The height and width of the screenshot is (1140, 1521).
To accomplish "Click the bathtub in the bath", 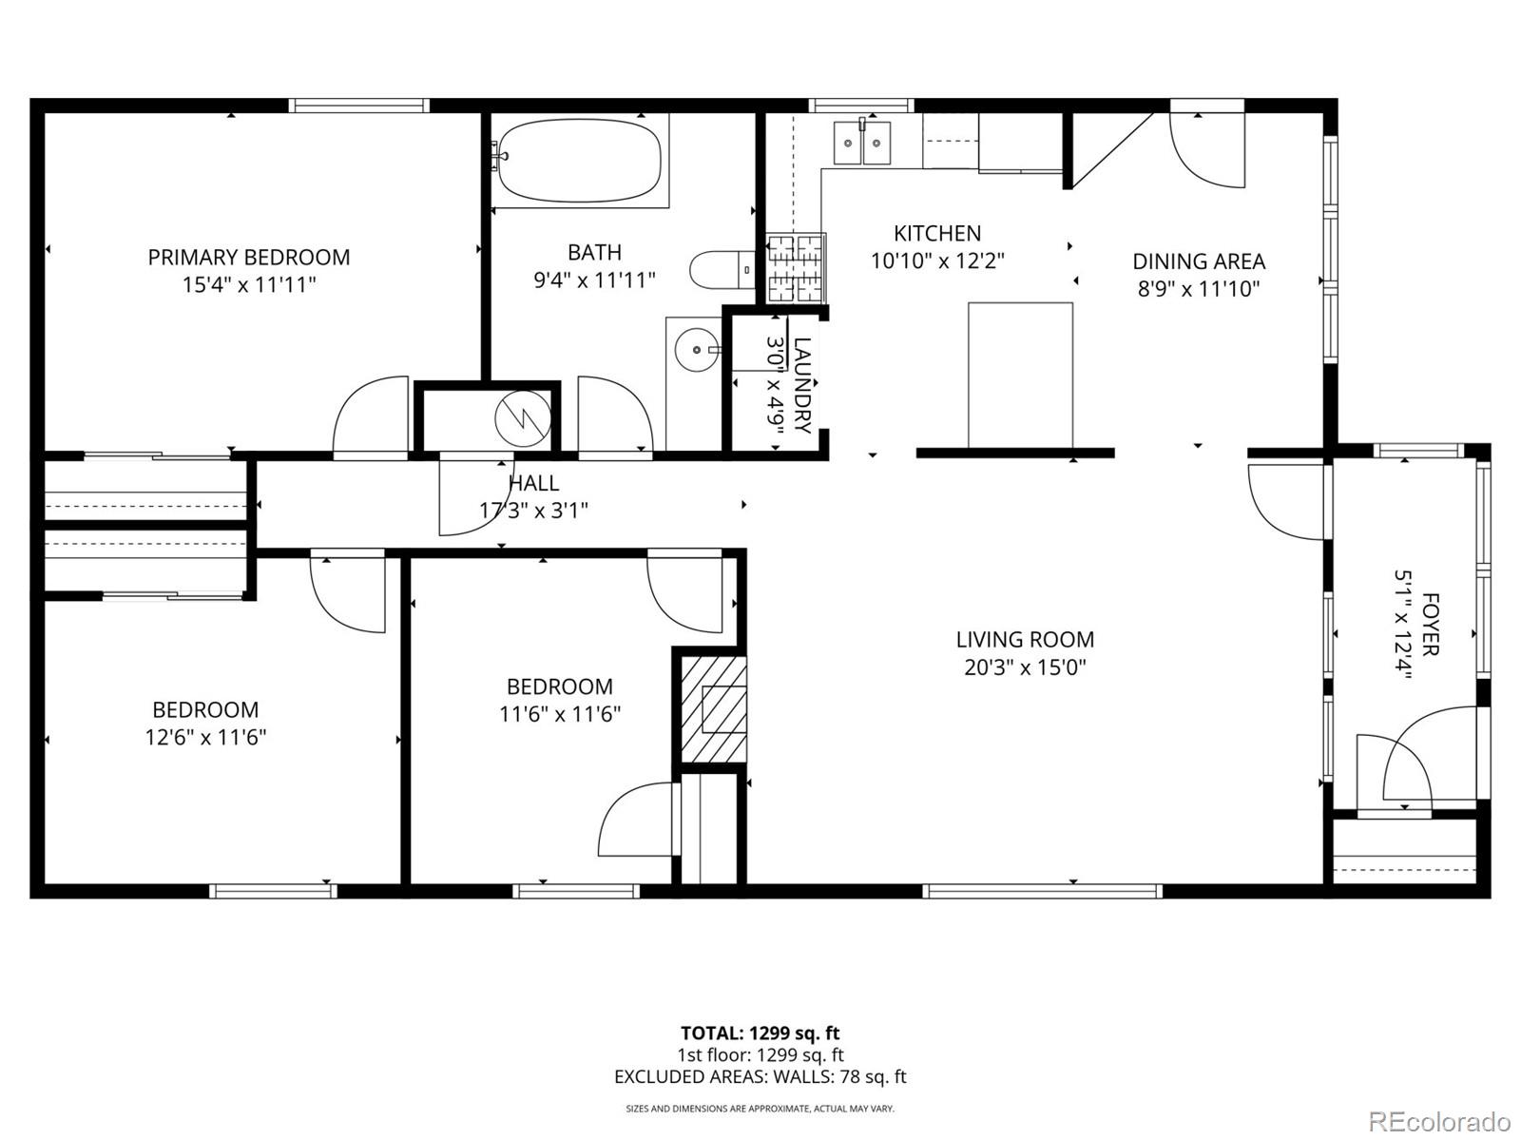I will [579, 161].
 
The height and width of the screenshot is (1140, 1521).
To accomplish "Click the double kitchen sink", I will [862, 143].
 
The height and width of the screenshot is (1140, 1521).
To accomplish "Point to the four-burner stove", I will [794, 267].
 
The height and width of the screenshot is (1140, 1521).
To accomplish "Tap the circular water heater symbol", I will [522, 417].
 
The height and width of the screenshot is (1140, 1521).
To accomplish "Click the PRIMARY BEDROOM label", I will [248, 257].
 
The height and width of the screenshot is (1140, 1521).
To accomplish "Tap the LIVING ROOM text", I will [1025, 639].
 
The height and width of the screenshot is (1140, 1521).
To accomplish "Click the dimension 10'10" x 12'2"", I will [937, 261].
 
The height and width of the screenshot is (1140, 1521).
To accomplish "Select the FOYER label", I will [1430, 625].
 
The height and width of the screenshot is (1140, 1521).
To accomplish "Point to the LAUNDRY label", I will [802, 385].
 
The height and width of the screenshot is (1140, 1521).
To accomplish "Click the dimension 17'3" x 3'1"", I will [533, 511].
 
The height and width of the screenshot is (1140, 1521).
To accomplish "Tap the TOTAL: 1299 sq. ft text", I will [760, 1033].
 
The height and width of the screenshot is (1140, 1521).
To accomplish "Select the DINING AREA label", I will [1198, 261].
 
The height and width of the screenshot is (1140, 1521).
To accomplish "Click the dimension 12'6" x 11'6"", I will [205, 737].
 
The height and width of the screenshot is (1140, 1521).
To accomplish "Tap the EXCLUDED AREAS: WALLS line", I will [760, 1076].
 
